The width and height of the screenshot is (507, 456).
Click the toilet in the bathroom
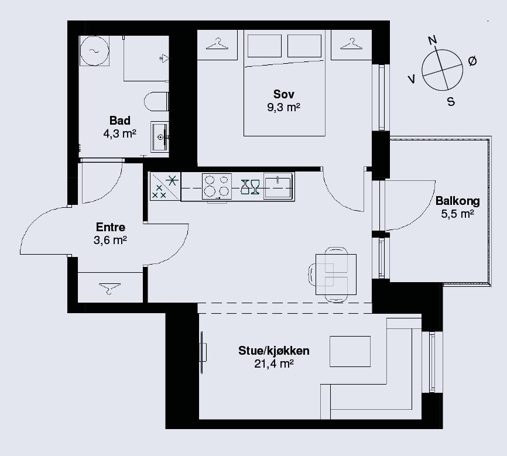coord(156,101)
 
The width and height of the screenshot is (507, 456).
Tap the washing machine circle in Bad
coord(94,51)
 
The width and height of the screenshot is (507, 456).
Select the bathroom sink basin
coord(160,137)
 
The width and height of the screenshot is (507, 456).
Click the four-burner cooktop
coord(217,186)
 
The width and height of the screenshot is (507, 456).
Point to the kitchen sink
coord(278,186)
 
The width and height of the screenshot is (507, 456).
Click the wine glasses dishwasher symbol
coord(250,187)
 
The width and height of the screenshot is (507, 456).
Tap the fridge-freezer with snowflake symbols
coord(165,186)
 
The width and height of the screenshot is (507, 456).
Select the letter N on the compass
coord(432,40)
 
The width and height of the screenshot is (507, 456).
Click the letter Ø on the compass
coord(472,61)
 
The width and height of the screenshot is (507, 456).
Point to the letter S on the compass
coord(451,101)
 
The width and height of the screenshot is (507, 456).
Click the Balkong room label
coord(457,201)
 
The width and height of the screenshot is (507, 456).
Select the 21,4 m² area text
coord(274,364)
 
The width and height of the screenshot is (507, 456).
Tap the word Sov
coord(283,94)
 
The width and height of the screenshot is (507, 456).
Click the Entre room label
coord(111,227)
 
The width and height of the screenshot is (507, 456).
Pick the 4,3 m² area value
coord(119,133)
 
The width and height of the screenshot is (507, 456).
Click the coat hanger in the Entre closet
coord(109,289)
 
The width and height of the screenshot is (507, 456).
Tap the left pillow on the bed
coord(264,46)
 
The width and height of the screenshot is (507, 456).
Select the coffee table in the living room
coord(350,352)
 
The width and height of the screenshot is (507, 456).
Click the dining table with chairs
coord(336,275)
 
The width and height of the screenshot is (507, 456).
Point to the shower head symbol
coord(164,58)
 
